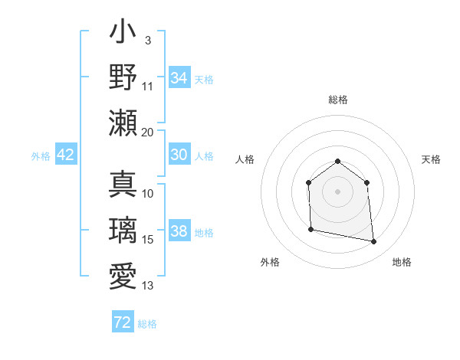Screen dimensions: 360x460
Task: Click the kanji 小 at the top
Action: pos(123,34)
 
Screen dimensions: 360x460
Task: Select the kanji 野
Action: pos(123,77)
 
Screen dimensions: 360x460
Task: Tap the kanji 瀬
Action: pos(123,123)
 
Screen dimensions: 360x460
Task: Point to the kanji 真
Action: pos(123,185)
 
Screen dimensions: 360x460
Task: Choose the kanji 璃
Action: pos(123,231)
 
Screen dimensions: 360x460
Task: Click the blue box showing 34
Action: pos(179,77)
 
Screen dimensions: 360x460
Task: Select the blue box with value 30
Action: pos(179,155)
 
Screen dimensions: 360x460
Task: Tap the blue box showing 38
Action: pos(179,231)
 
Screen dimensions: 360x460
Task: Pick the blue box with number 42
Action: pos(65,155)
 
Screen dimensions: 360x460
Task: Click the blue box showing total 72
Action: pos(123,322)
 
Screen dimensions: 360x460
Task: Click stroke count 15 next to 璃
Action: pos(148,241)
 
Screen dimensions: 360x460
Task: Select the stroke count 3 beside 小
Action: pos(147,40)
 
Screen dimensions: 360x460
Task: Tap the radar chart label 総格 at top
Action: pos(337,100)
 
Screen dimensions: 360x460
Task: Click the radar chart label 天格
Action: pos(432,159)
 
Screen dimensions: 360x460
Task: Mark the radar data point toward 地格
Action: pos(374,242)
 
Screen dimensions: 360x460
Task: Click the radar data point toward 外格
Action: pos(310,229)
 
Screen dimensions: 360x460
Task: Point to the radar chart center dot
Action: pos(337,191)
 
